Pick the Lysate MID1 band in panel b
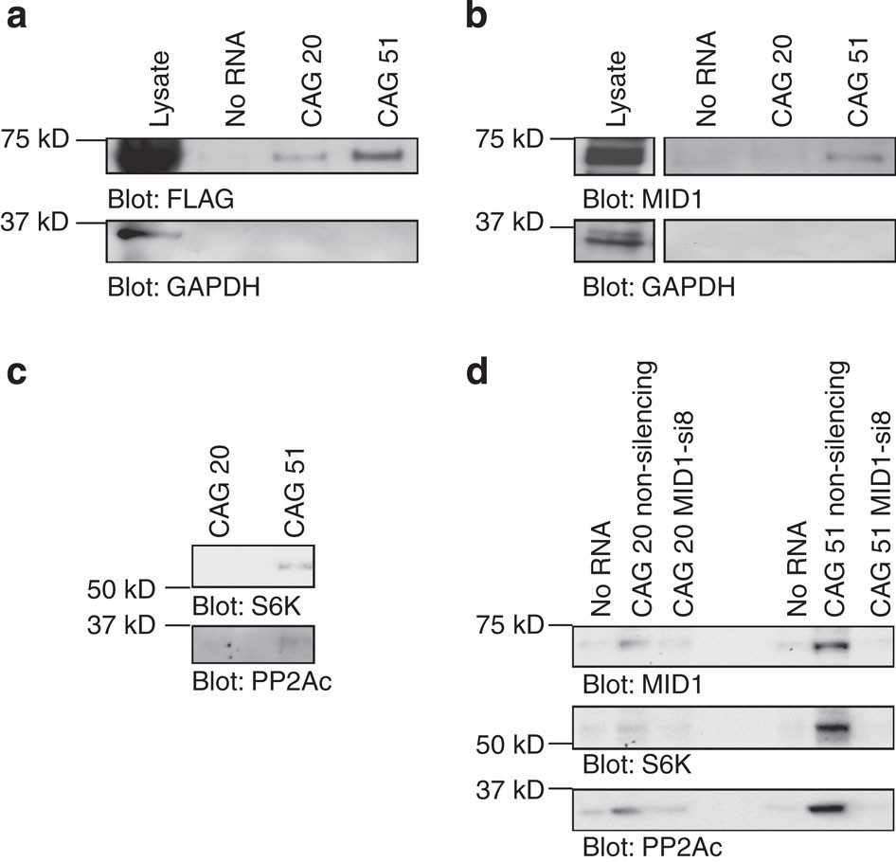coord(615,155)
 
